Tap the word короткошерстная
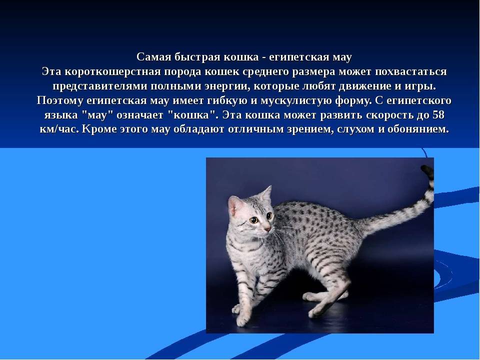(113, 72)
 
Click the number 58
(438, 115)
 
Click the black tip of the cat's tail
(427, 171)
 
